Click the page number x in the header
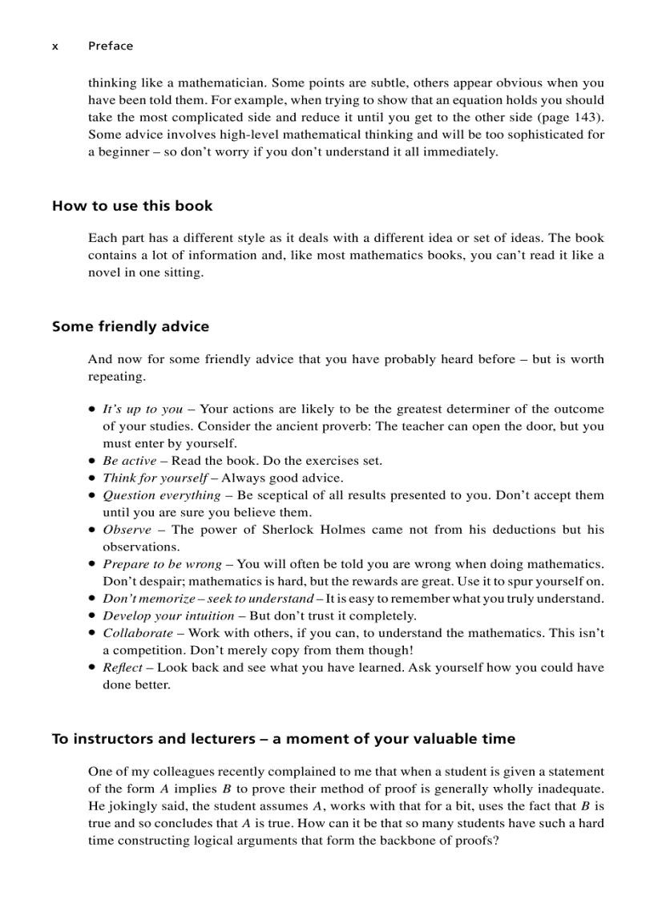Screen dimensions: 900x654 coord(55,46)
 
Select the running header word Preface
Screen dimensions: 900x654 coord(111,46)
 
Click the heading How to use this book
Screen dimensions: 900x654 coord(132,206)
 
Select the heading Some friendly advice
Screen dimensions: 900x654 coord(131,326)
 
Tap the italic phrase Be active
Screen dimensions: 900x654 coord(129,461)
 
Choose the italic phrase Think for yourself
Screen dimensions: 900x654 coord(155,478)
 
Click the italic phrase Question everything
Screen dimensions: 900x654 coord(161,495)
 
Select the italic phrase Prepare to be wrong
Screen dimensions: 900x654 coord(162,564)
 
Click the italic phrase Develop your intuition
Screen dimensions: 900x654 coord(168,616)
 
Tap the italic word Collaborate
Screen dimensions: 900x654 coord(137,633)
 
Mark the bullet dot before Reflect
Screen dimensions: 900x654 coord(92,668)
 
